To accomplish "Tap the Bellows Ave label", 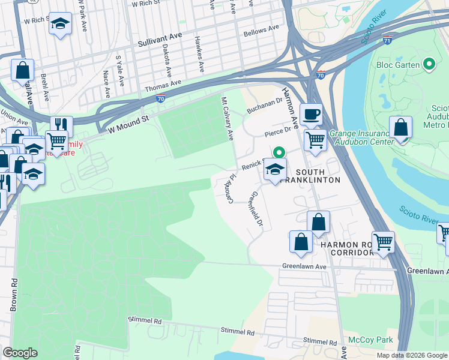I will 261,29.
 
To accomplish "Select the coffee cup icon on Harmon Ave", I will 311,114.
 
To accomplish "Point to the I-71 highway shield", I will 388,40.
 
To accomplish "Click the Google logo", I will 20,353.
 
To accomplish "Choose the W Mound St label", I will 128,125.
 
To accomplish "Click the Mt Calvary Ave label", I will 227,119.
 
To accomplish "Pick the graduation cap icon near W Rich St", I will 59,24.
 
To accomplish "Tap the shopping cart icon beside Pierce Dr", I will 315,141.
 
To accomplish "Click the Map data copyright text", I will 411,355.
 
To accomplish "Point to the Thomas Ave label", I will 163,88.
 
